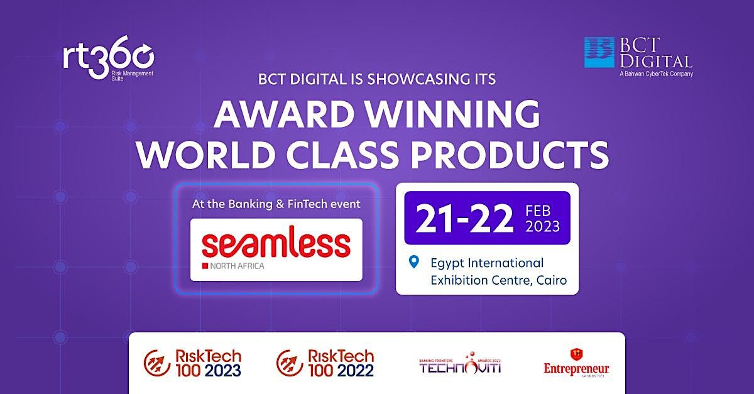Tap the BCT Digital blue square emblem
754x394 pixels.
(x=599, y=52)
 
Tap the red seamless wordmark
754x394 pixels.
(x=276, y=244)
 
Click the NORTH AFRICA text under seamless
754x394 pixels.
(x=239, y=266)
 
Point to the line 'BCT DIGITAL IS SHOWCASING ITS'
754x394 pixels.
(x=377, y=80)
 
